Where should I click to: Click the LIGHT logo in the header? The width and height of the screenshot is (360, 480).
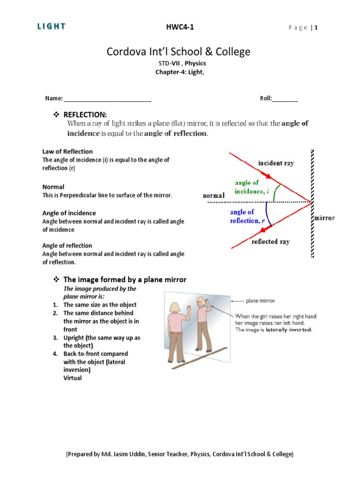click(x=51, y=27)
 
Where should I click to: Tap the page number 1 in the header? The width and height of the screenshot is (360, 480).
click(x=316, y=28)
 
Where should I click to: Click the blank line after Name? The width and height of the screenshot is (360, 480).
click(x=107, y=98)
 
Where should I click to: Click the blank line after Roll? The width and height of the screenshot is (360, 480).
click(x=285, y=98)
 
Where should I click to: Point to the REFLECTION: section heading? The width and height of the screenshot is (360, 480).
click(x=85, y=115)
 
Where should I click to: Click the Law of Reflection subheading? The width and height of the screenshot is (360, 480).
click(x=67, y=151)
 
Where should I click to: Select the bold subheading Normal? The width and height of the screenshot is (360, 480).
click(x=53, y=187)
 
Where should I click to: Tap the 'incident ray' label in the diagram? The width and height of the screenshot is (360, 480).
click(x=276, y=163)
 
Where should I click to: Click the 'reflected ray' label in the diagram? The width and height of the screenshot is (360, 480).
click(x=270, y=242)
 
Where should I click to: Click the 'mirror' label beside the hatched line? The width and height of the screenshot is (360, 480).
click(x=324, y=218)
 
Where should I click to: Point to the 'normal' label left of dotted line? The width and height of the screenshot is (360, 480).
click(x=213, y=195)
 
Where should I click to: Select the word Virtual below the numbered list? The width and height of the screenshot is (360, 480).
click(x=73, y=378)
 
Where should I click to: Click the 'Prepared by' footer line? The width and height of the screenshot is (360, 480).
click(x=180, y=454)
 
